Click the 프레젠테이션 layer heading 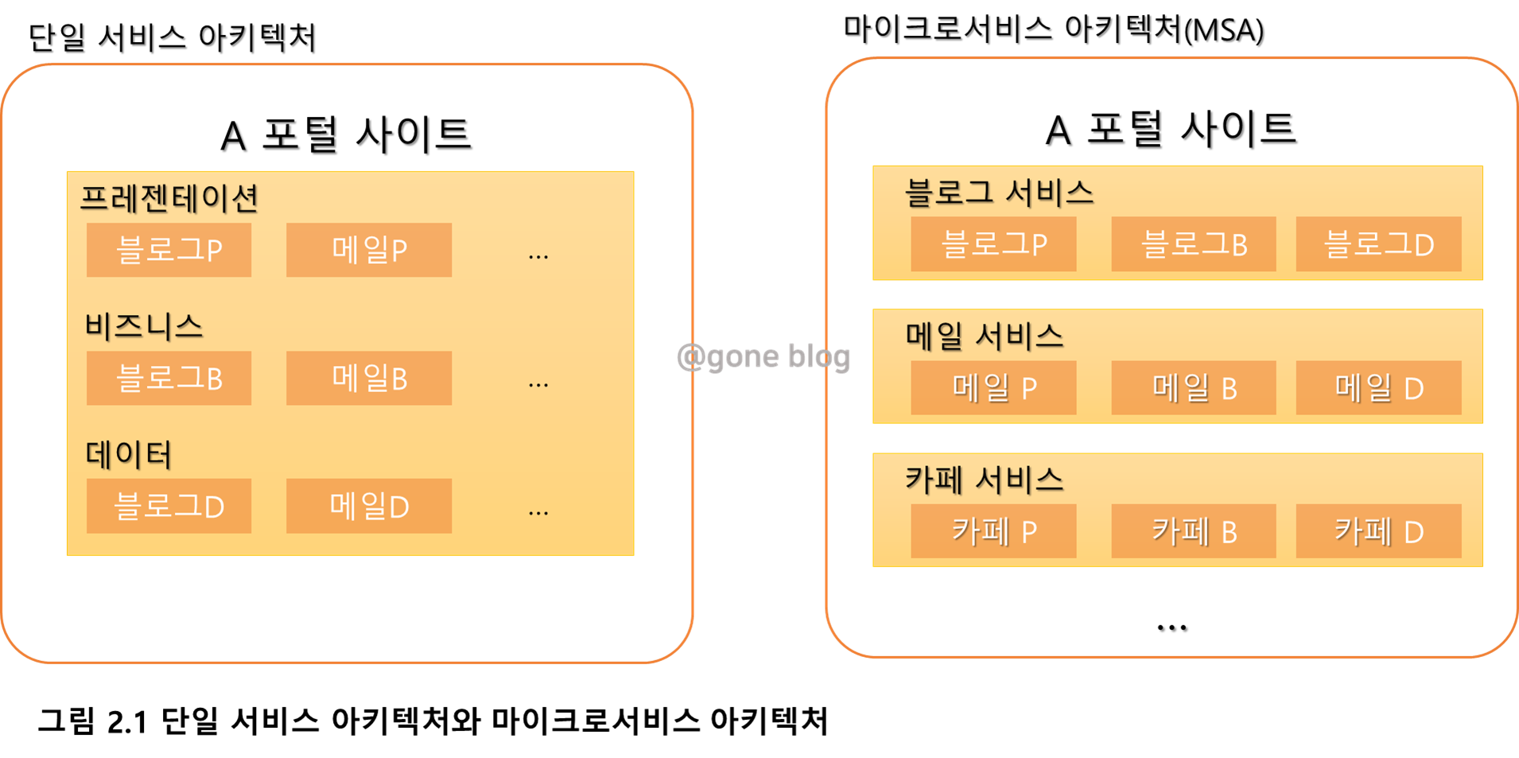pyautogui.click(x=169, y=198)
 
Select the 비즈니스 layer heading pyautogui.click(x=144, y=326)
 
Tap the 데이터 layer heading pyautogui.click(x=129, y=454)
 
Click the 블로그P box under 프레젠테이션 pyautogui.click(x=169, y=250)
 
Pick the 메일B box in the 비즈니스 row pyautogui.click(x=369, y=378)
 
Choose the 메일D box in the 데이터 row pyautogui.click(x=369, y=506)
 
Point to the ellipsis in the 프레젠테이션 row pyautogui.click(x=538, y=255)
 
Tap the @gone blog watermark pyautogui.click(x=763, y=356)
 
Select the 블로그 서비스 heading pyautogui.click(x=999, y=192)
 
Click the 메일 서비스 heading pyautogui.click(x=985, y=336)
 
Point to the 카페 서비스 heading pyautogui.click(x=985, y=480)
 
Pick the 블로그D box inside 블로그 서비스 pyautogui.click(x=1378, y=244)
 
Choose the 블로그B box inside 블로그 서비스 pyautogui.click(x=1194, y=244)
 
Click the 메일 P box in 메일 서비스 pyautogui.click(x=993, y=388)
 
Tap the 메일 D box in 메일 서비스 pyautogui.click(x=1378, y=388)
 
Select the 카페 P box pyautogui.click(x=993, y=531)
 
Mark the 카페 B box pyautogui.click(x=1194, y=531)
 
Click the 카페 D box pyautogui.click(x=1378, y=531)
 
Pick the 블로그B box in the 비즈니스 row pyautogui.click(x=169, y=378)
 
